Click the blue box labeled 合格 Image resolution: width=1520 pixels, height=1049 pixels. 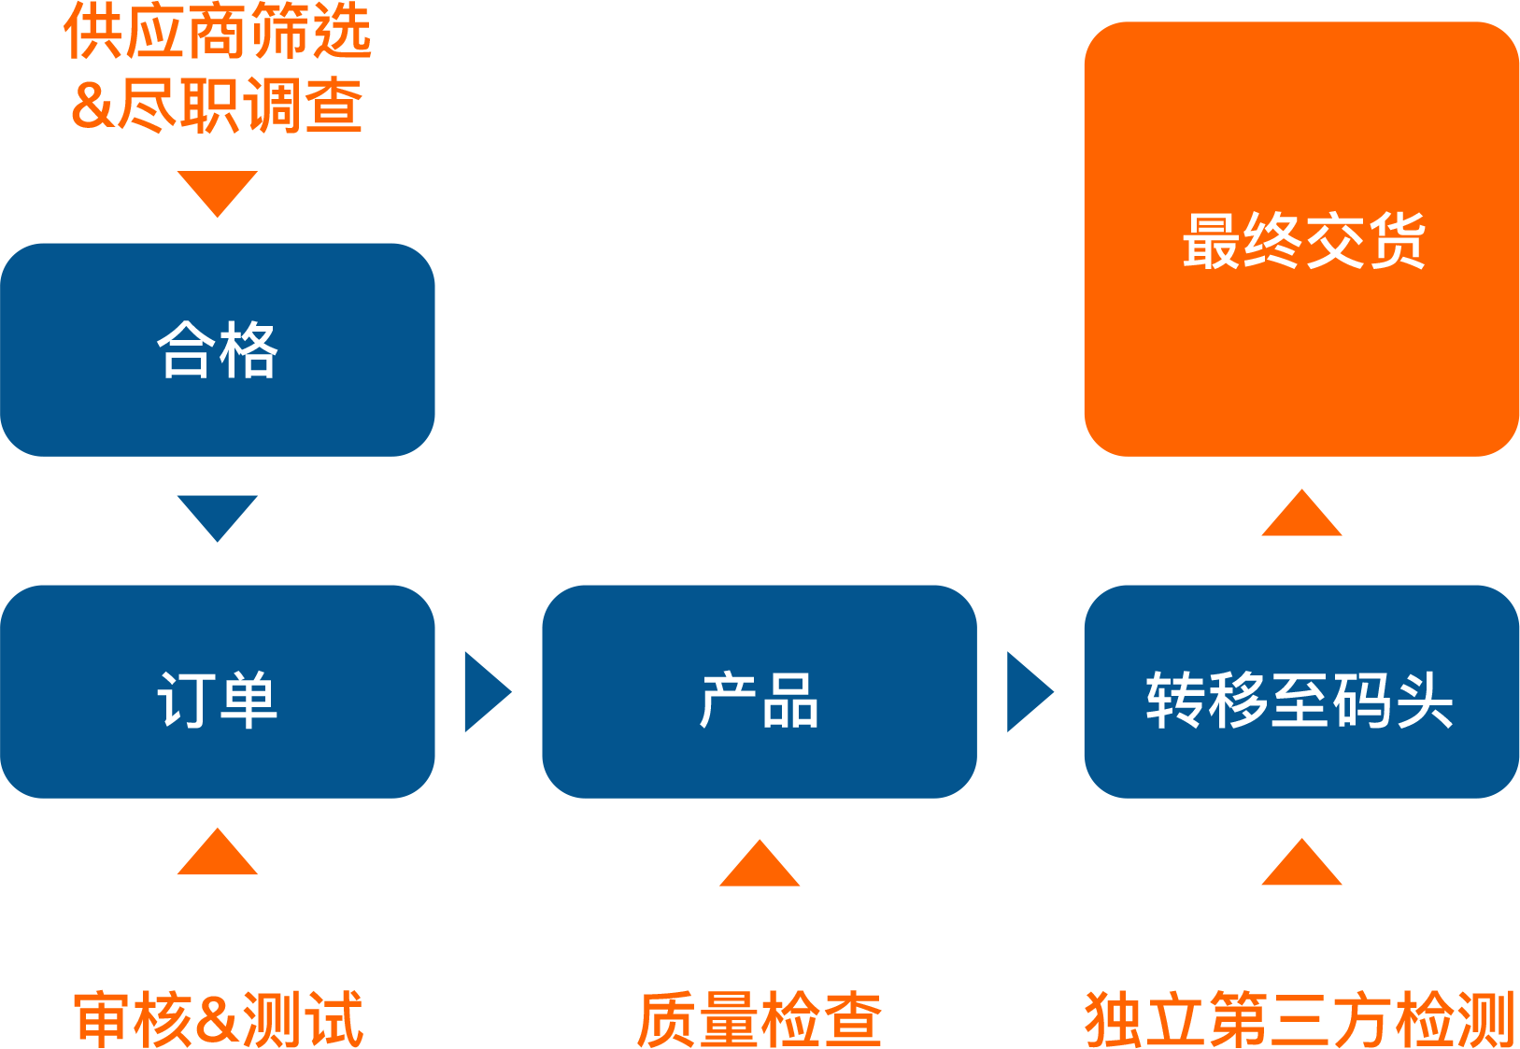click(217, 349)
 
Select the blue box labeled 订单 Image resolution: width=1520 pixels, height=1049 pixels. click(217, 691)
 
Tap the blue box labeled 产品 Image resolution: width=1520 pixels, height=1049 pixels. click(759, 691)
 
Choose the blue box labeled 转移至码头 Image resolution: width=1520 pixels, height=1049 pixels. click(1300, 691)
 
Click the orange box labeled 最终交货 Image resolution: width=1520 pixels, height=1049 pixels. click(1300, 239)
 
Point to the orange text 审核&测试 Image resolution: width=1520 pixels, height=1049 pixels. click(218, 1018)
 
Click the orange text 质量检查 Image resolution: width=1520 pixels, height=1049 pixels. click(759, 1018)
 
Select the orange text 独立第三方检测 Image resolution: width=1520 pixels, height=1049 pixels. click(1300, 1018)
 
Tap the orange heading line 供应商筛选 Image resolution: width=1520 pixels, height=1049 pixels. click(218, 32)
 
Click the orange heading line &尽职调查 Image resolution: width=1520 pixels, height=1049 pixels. click(217, 106)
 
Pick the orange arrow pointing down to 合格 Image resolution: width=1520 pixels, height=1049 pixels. click(218, 191)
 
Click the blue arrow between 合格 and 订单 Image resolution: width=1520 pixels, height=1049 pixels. click(218, 515)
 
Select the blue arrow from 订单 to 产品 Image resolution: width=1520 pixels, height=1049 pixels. click(485, 691)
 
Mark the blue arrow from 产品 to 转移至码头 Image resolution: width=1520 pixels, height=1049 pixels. click(1028, 691)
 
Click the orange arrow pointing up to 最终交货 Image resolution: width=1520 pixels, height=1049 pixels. click(1301, 516)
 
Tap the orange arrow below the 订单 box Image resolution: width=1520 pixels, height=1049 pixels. click(218, 855)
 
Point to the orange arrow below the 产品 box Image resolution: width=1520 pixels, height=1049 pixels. click(760, 866)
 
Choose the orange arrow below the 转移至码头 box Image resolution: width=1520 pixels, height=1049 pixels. click(1301, 865)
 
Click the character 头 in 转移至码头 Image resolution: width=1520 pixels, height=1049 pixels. click(1424, 700)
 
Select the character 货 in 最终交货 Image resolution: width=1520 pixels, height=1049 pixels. click(1396, 240)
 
